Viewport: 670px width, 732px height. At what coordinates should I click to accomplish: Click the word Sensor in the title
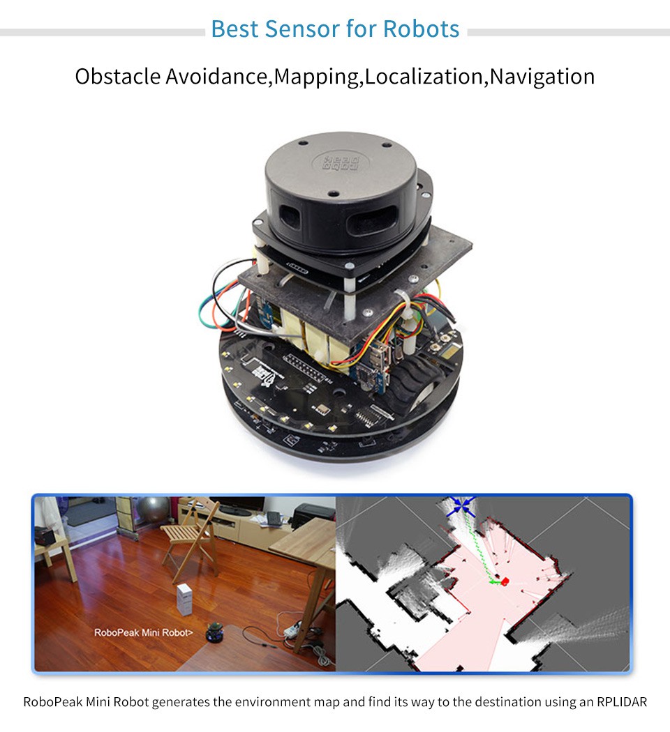301,29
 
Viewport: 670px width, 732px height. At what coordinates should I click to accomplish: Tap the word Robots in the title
421,29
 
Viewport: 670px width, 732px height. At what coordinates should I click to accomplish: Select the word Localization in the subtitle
424,76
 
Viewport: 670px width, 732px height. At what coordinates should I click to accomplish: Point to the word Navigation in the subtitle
542,76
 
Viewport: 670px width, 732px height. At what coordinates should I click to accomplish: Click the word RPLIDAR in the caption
613,701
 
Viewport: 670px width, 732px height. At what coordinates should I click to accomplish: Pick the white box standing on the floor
184,600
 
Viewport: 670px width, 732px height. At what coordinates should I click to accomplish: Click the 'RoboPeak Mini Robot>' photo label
144,633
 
